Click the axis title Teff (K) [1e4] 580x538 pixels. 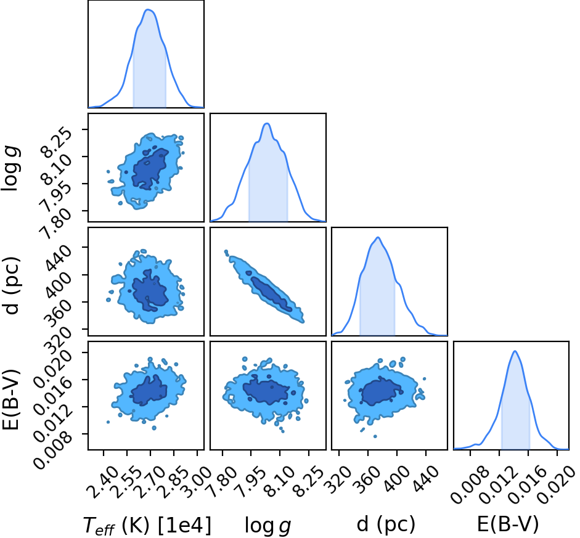[x=147, y=525]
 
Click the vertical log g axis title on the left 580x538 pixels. [x=10, y=168]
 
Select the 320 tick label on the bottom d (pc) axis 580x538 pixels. [x=339, y=479]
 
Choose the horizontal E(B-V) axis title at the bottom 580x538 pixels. [x=507, y=524]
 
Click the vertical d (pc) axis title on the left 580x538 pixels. [x=12, y=285]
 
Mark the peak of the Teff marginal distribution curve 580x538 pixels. [x=148, y=10]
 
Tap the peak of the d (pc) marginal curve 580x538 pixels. [x=378, y=237]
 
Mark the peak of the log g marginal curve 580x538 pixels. [x=267, y=123]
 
